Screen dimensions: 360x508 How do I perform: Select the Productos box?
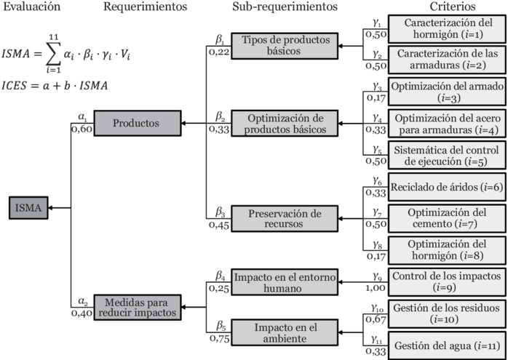(136, 124)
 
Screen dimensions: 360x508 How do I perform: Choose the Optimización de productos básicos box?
(285, 124)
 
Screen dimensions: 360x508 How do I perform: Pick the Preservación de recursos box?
(285, 218)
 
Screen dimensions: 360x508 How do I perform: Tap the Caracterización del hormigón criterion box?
(446, 28)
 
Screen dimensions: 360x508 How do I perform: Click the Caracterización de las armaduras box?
(446, 59)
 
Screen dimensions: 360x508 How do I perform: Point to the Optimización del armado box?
(446, 92)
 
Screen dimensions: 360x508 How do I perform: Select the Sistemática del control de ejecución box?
(446, 156)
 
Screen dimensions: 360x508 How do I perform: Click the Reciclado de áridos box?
(446, 187)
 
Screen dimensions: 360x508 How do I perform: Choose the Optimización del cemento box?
(446, 217)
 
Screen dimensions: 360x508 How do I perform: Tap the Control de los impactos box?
(446, 281)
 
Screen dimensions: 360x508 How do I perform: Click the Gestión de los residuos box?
(446, 313)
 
